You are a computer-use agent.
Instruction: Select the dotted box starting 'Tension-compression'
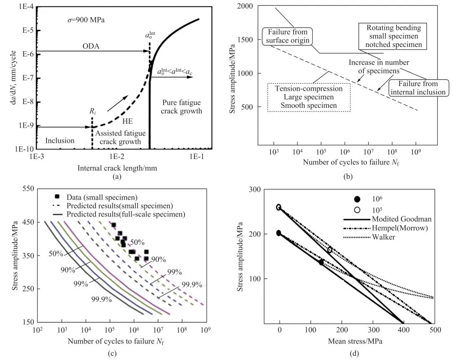point(309,97)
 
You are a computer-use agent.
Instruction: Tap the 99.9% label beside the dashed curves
point(192,285)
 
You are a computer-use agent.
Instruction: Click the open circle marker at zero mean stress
point(279,207)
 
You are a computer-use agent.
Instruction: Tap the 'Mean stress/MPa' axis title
point(352,341)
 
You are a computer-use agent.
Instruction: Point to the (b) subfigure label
point(348,177)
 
